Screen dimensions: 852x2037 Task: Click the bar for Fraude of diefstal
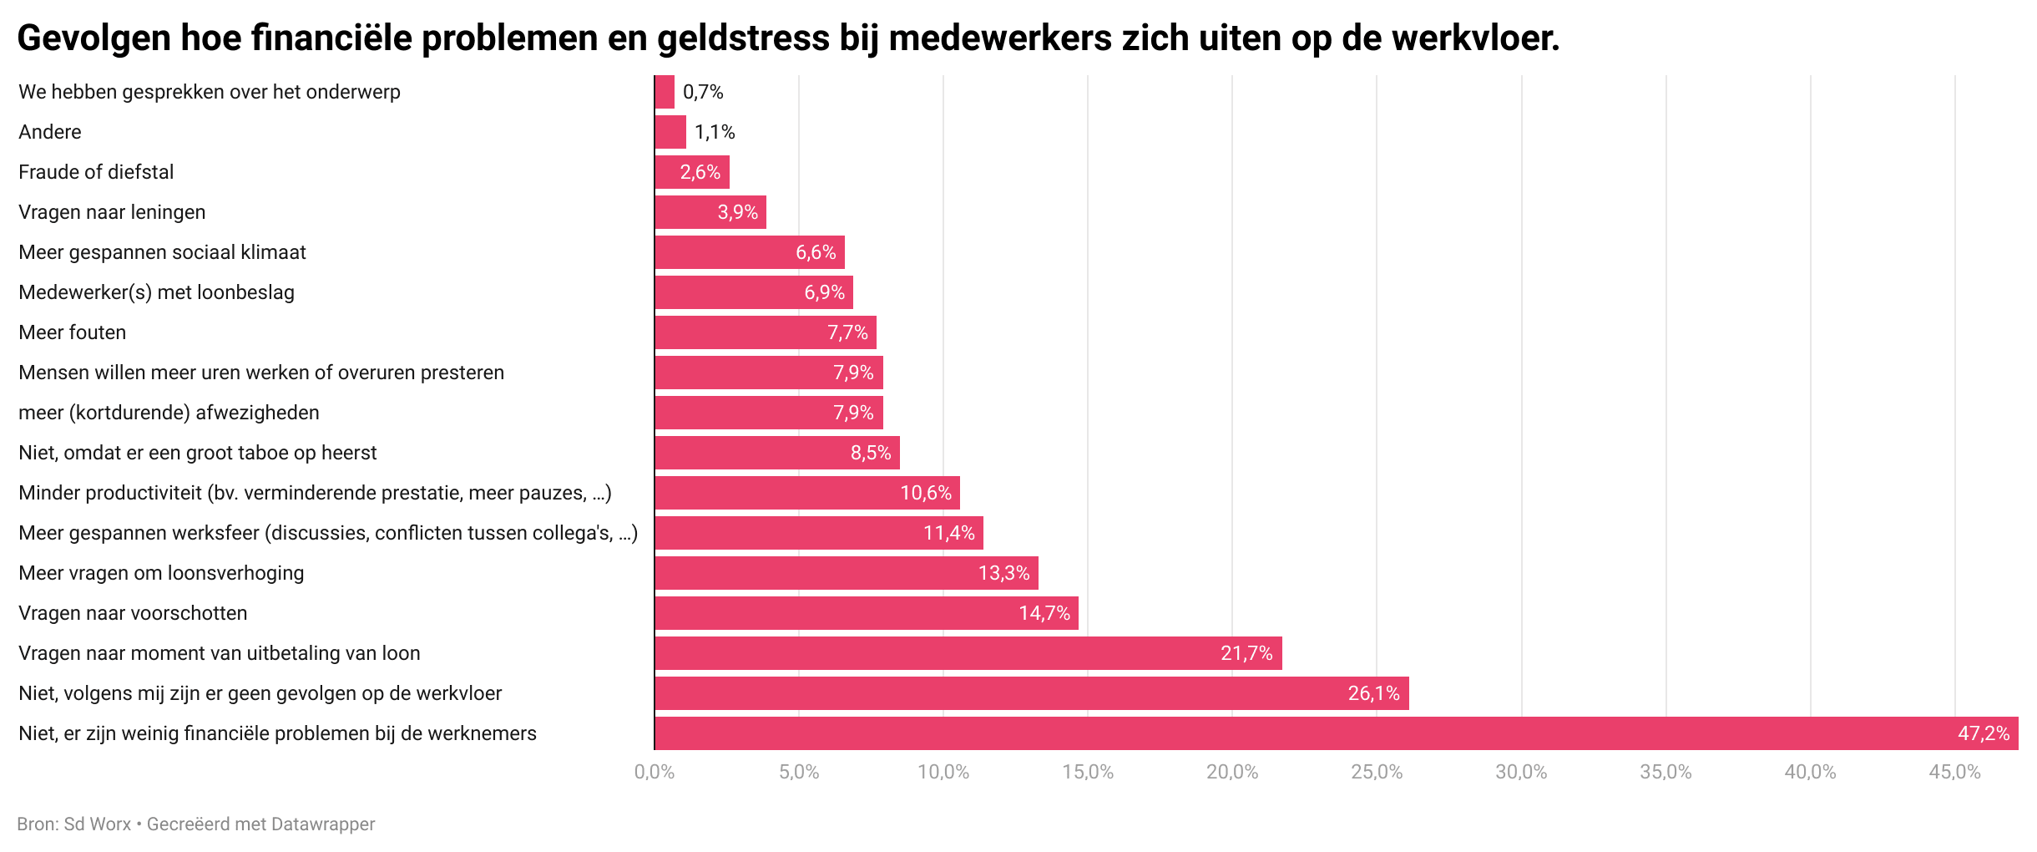pyautogui.click(x=691, y=172)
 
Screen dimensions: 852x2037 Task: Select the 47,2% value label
pyautogui.click(x=1983, y=733)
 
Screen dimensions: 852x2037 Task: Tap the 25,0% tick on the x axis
pyautogui.click(x=1377, y=772)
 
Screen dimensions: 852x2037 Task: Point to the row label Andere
pyautogui.click(x=50, y=132)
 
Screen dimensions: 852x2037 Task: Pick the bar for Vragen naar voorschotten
pyautogui.click(x=866, y=613)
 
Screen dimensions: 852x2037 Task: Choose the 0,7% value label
pyautogui.click(x=703, y=92)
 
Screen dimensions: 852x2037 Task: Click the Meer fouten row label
pyautogui.click(x=73, y=332)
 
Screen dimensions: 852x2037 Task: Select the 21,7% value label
pyautogui.click(x=1246, y=653)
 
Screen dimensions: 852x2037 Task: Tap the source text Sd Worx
pyautogui.click(x=98, y=824)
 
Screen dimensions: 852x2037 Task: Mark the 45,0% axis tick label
pyautogui.click(x=1954, y=772)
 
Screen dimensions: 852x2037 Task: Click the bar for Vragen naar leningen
pyautogui.click(x=710, y=212)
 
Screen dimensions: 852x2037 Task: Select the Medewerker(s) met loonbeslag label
pyautogui.click(x=156, y=292)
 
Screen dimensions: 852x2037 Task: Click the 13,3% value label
pyautogui.click(x=1003, y=573)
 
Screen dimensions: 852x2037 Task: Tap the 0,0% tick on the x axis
pyautogui.click(x=655, y=772)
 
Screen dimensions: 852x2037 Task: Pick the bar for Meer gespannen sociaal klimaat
pyautogui.click(x=749, y=252)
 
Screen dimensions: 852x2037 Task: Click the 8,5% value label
pyautogui.click(x=871, y=453)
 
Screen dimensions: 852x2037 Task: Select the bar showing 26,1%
pyautogui.click(x=1031, y=693)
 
